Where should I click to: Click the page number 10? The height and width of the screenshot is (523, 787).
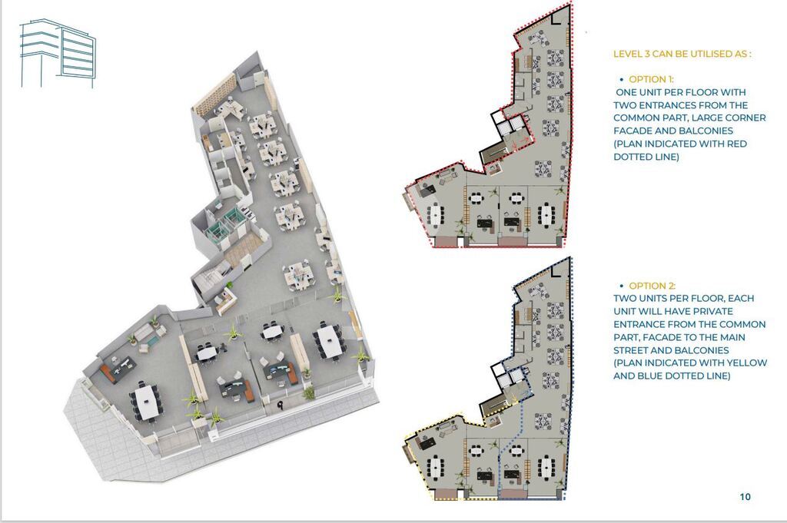[745, 496]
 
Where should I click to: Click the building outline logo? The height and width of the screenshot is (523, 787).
[57, 53]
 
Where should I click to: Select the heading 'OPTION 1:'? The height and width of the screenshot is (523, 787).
[651, 79]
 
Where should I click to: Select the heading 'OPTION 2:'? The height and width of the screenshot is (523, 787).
[652, 286]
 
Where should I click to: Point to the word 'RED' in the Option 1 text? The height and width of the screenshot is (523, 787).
[737, 144]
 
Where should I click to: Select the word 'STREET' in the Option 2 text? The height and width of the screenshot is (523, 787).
[630, 350]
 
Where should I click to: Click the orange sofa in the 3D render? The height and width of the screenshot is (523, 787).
[108, 374]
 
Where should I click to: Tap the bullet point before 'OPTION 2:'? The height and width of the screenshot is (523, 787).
[622, 286]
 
